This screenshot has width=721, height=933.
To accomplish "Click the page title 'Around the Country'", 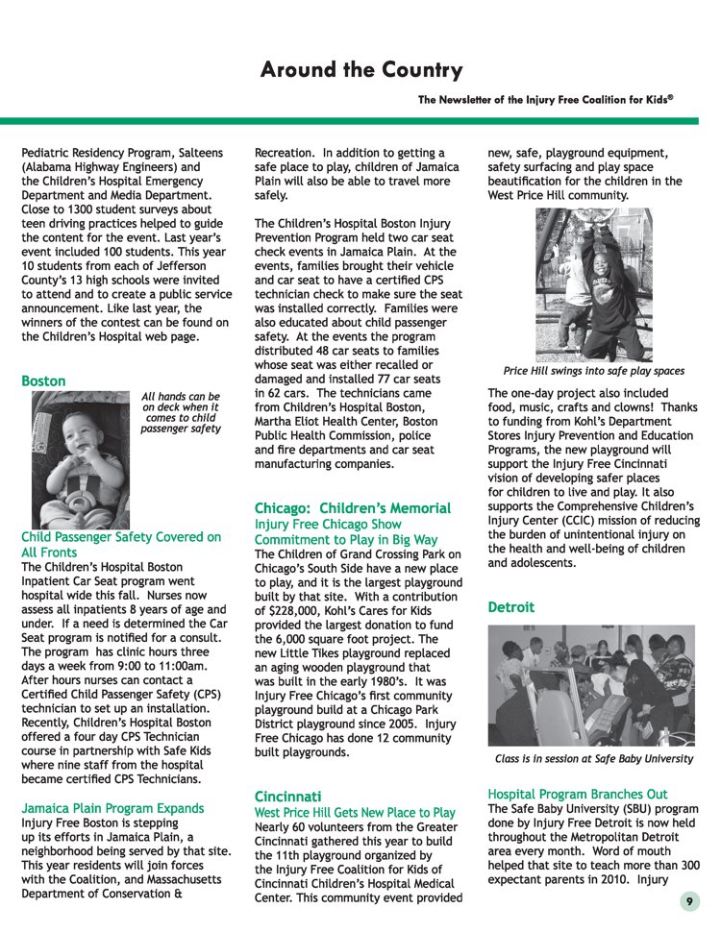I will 360,71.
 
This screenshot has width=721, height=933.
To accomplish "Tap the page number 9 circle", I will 689,900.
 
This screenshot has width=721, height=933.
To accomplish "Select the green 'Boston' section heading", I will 43,381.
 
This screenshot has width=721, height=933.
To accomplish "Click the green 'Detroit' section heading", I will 510,607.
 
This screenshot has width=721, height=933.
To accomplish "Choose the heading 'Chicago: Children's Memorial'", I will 352,507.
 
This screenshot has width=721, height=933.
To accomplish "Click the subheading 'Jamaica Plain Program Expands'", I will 112,808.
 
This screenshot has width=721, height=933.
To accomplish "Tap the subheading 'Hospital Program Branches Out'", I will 577,794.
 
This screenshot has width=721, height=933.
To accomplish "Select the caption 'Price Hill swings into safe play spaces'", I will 593,371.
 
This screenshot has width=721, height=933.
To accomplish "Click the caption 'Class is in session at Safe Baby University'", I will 593,759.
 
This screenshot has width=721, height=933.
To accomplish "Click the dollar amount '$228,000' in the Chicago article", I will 294,611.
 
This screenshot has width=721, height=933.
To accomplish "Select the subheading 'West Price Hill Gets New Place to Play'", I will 355,813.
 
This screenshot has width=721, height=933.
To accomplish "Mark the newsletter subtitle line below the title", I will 545,100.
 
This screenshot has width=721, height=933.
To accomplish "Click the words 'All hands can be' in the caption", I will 181,396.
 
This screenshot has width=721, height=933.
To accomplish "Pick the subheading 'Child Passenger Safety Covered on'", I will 121,537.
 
